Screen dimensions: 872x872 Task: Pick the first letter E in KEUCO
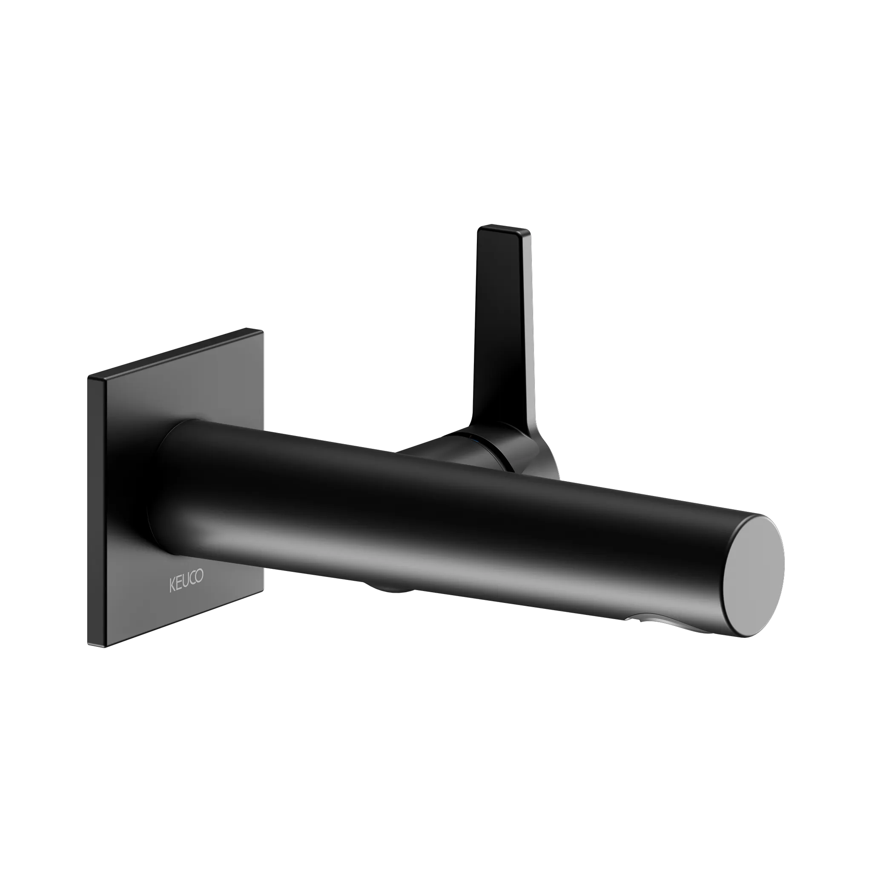pyautogui.click(x=179, y=584)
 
